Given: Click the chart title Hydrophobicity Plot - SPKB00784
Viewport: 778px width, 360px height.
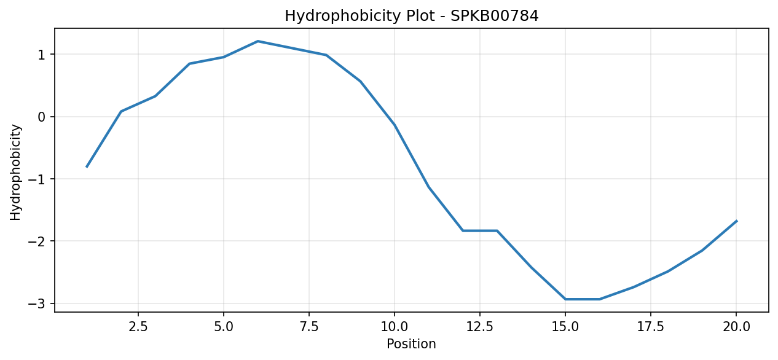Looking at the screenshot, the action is click(412, 16).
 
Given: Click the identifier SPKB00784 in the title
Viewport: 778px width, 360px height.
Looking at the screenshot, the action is click(495, 16).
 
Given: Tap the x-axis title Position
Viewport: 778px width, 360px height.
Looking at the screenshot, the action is click(411, 344).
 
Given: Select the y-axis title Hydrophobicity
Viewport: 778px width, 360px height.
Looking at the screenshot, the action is click(15, 173).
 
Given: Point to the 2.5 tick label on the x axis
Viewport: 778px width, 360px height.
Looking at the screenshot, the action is click(138, 327).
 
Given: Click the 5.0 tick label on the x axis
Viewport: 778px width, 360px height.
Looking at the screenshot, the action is click(224, 327).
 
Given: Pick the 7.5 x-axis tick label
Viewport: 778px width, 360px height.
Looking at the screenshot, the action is click(309, 327).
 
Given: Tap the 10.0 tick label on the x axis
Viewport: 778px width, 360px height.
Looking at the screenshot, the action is click(395, 327).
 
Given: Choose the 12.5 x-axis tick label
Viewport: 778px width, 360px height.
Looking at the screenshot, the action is click(480, 327).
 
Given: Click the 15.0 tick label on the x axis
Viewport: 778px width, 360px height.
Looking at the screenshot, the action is click(565, 327).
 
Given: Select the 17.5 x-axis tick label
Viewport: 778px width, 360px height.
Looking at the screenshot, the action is click(651, 327).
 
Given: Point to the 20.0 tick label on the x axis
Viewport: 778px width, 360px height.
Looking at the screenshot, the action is click(736, 327).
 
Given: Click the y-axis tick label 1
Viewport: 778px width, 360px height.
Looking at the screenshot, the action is click(42, 55).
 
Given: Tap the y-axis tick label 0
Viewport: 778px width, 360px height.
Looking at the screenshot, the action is click(42, 117).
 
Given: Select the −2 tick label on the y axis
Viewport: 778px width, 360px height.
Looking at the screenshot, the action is click(37, 241).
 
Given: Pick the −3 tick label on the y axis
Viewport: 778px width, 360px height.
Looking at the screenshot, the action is click(37, 303).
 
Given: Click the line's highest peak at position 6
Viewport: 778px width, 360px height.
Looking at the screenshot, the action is click(257, 41).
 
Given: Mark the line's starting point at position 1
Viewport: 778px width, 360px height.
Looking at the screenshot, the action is click(87, 167).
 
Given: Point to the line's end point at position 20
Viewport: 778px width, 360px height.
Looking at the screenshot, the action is click(736, 221).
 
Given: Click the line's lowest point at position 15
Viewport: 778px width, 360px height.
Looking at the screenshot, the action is click(565, 299).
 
